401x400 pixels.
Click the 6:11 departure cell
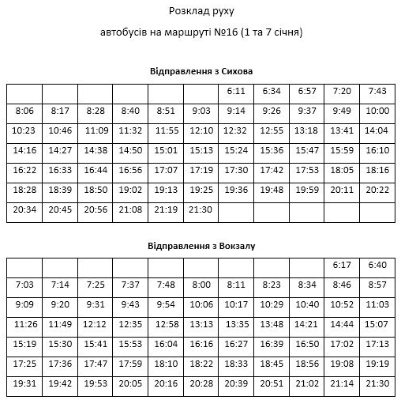236,91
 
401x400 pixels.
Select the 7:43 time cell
377,91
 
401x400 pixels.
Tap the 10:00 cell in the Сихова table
377,111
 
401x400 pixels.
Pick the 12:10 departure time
200,130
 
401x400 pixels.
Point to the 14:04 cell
377,130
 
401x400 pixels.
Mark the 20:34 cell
24,209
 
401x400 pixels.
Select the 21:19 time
166,209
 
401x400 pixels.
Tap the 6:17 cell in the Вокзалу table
342,265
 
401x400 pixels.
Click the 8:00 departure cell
200,284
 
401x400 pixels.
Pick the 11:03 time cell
377,304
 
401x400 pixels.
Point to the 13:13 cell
200,323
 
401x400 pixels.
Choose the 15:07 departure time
377,323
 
